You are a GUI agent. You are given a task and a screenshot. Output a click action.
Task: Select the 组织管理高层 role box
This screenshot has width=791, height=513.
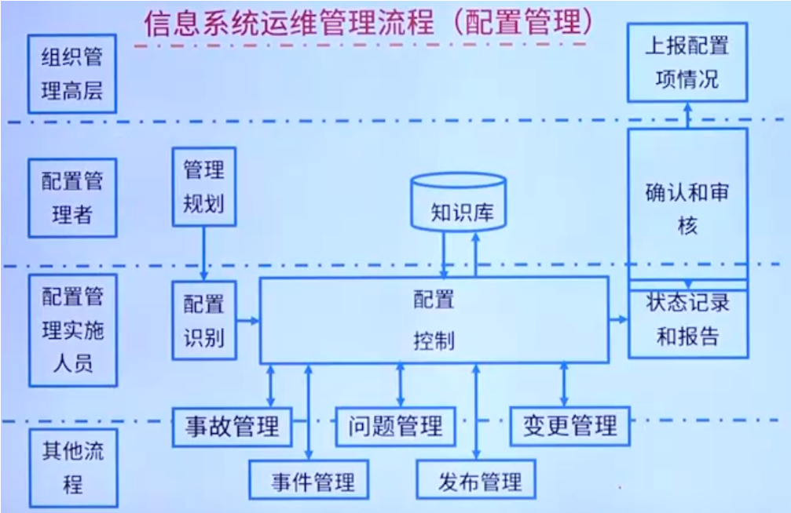point(71,74)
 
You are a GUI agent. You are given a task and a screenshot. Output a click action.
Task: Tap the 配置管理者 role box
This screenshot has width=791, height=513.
point(71,197)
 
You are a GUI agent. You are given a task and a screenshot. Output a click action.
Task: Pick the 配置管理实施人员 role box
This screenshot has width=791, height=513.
point(71,329)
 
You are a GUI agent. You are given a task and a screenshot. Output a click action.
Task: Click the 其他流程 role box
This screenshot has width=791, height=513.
point(71,467)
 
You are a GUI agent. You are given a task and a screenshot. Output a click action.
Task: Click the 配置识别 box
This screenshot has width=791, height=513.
point(203,320)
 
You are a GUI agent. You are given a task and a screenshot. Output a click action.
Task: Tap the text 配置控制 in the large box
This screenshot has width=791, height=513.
point(433,320)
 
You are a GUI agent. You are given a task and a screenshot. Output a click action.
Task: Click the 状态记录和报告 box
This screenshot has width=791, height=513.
point(687,320)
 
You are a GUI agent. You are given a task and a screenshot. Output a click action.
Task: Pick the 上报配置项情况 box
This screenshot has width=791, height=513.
point(687,62)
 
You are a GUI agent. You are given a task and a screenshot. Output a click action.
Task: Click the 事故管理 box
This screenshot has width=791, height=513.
point(232,426)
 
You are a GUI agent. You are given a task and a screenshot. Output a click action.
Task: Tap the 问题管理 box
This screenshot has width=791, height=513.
point(395,426)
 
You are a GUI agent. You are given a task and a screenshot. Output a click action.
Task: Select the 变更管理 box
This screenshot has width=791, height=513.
point(569,426)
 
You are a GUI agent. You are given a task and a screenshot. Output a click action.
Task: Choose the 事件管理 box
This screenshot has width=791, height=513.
point(313,480)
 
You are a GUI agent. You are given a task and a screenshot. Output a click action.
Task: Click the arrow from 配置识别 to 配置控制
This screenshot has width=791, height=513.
point(248,320)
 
